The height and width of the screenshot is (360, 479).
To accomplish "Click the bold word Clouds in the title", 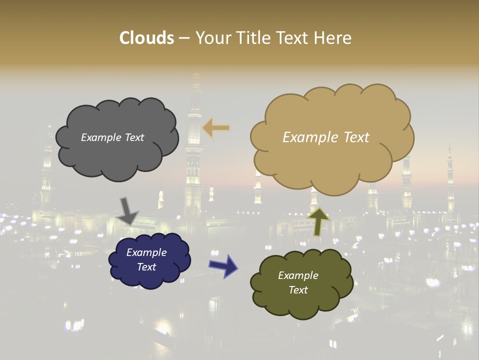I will click(147, 38).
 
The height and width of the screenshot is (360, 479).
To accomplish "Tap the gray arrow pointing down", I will click(127, 210).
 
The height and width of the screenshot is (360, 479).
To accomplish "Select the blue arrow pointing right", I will click(223, 265).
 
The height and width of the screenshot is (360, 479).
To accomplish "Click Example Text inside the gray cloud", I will click(112, 137).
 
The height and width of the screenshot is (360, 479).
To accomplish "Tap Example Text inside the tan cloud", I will click(326, 137).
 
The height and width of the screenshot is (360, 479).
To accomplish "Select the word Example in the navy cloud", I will click(146, 252).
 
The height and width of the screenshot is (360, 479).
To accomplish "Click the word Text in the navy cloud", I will click(146, 267).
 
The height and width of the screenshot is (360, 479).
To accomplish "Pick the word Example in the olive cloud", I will click(298, 275).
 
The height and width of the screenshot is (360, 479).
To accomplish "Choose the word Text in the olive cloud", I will click(298, 290).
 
